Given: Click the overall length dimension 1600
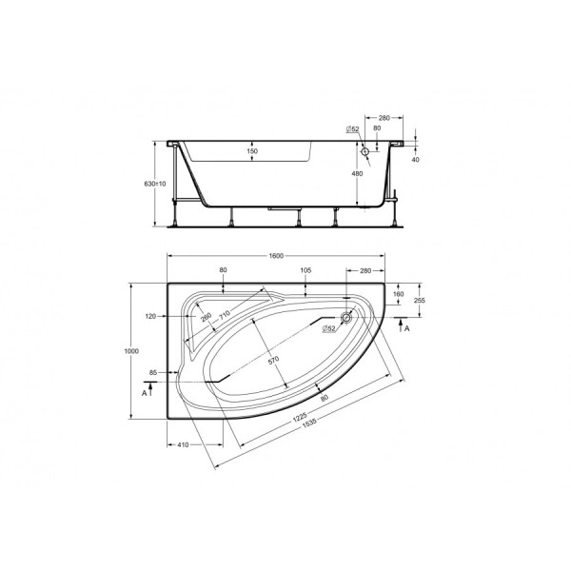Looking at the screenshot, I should click(x=276, y=256).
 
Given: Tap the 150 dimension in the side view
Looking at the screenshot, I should click(x=252, y=151).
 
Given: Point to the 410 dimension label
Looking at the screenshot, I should click(x=187, y=443).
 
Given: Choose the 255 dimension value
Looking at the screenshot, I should click(x=419, y=300).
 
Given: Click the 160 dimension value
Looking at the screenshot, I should click(x=398, y=293).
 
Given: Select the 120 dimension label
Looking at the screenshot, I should click(x=149, y=315).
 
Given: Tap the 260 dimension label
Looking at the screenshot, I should click(x=207, y=319).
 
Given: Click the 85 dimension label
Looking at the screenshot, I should click(x=152, y=372).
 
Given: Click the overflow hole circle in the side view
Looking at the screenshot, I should click(x=364, y=151).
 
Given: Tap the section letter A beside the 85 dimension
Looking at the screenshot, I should click(x=144, y=391).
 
